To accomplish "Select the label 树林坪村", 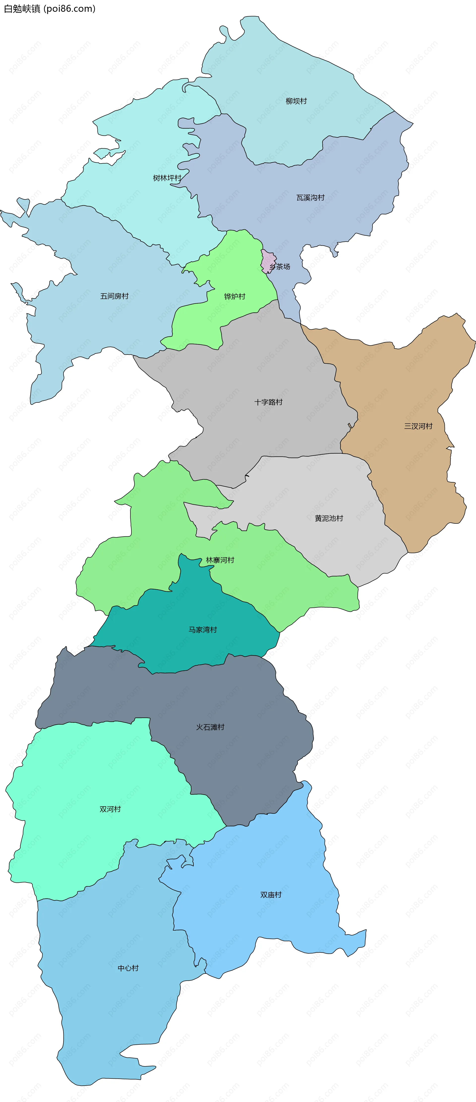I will click(x=167, y=178).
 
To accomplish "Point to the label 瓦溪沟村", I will click(x=310, y=198).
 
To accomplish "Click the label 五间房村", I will click(x=114, y=296).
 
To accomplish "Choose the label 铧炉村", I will click(x=234, y=296).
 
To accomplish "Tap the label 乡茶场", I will click(x=280, y=266).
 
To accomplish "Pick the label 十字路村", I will click(x=268, y=402).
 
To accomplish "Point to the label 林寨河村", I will click(x=220, y=560).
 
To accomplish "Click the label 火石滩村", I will click(x=210, y=727).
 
